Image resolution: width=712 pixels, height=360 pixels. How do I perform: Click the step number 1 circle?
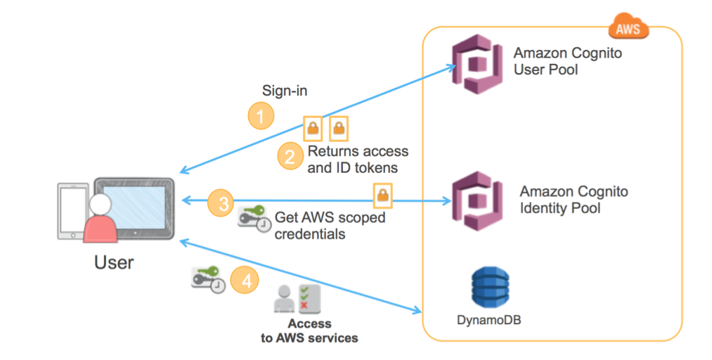click(x=261, y=116)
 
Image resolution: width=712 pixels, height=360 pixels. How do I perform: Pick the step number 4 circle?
click(x=246, y=281)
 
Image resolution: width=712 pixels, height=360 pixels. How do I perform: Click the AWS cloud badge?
click(x=628, y=30)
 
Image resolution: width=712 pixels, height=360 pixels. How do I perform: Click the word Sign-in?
click(x=285, y=91)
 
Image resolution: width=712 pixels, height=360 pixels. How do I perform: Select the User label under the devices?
click(x=114, y=262)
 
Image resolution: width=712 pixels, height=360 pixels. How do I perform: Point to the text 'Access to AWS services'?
click(x=309, y=331)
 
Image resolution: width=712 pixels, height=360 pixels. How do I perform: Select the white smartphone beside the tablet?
click(x=72, y=211)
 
